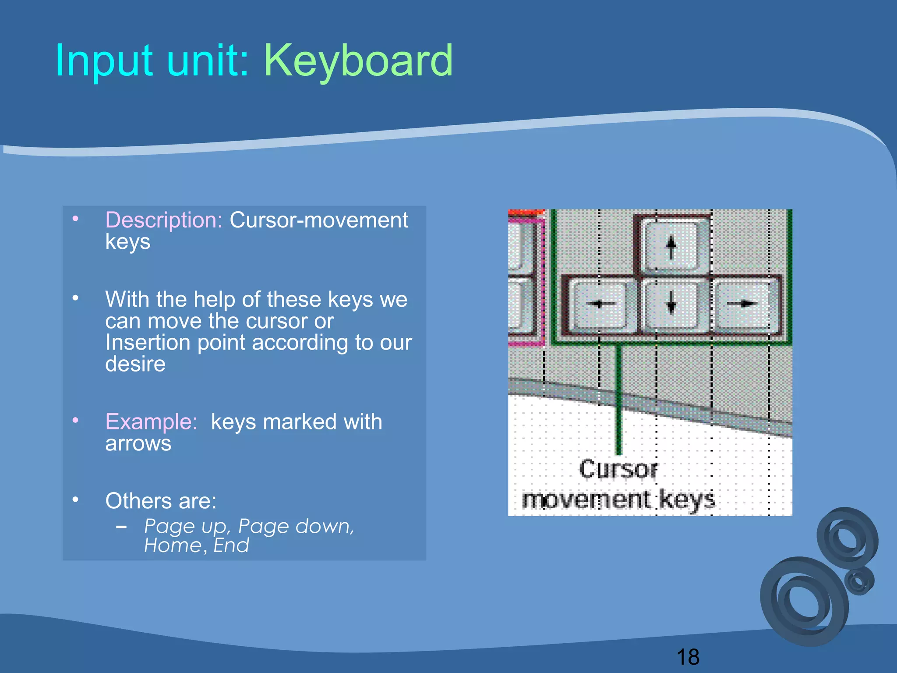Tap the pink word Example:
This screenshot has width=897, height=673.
[x=152, y=422]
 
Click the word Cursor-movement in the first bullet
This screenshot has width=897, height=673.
[x=319, y=220]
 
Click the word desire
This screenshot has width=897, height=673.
[x=135, y=364]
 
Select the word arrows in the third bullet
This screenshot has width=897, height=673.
[x=138, y=443]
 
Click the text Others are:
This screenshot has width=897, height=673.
[x=161, y=501]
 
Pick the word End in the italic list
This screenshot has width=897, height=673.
[x=231, y=545]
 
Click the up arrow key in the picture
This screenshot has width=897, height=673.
[x=671, y=247]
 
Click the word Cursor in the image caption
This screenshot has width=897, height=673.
[x=618, y=470]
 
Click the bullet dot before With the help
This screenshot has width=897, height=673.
[x=75, y=298]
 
